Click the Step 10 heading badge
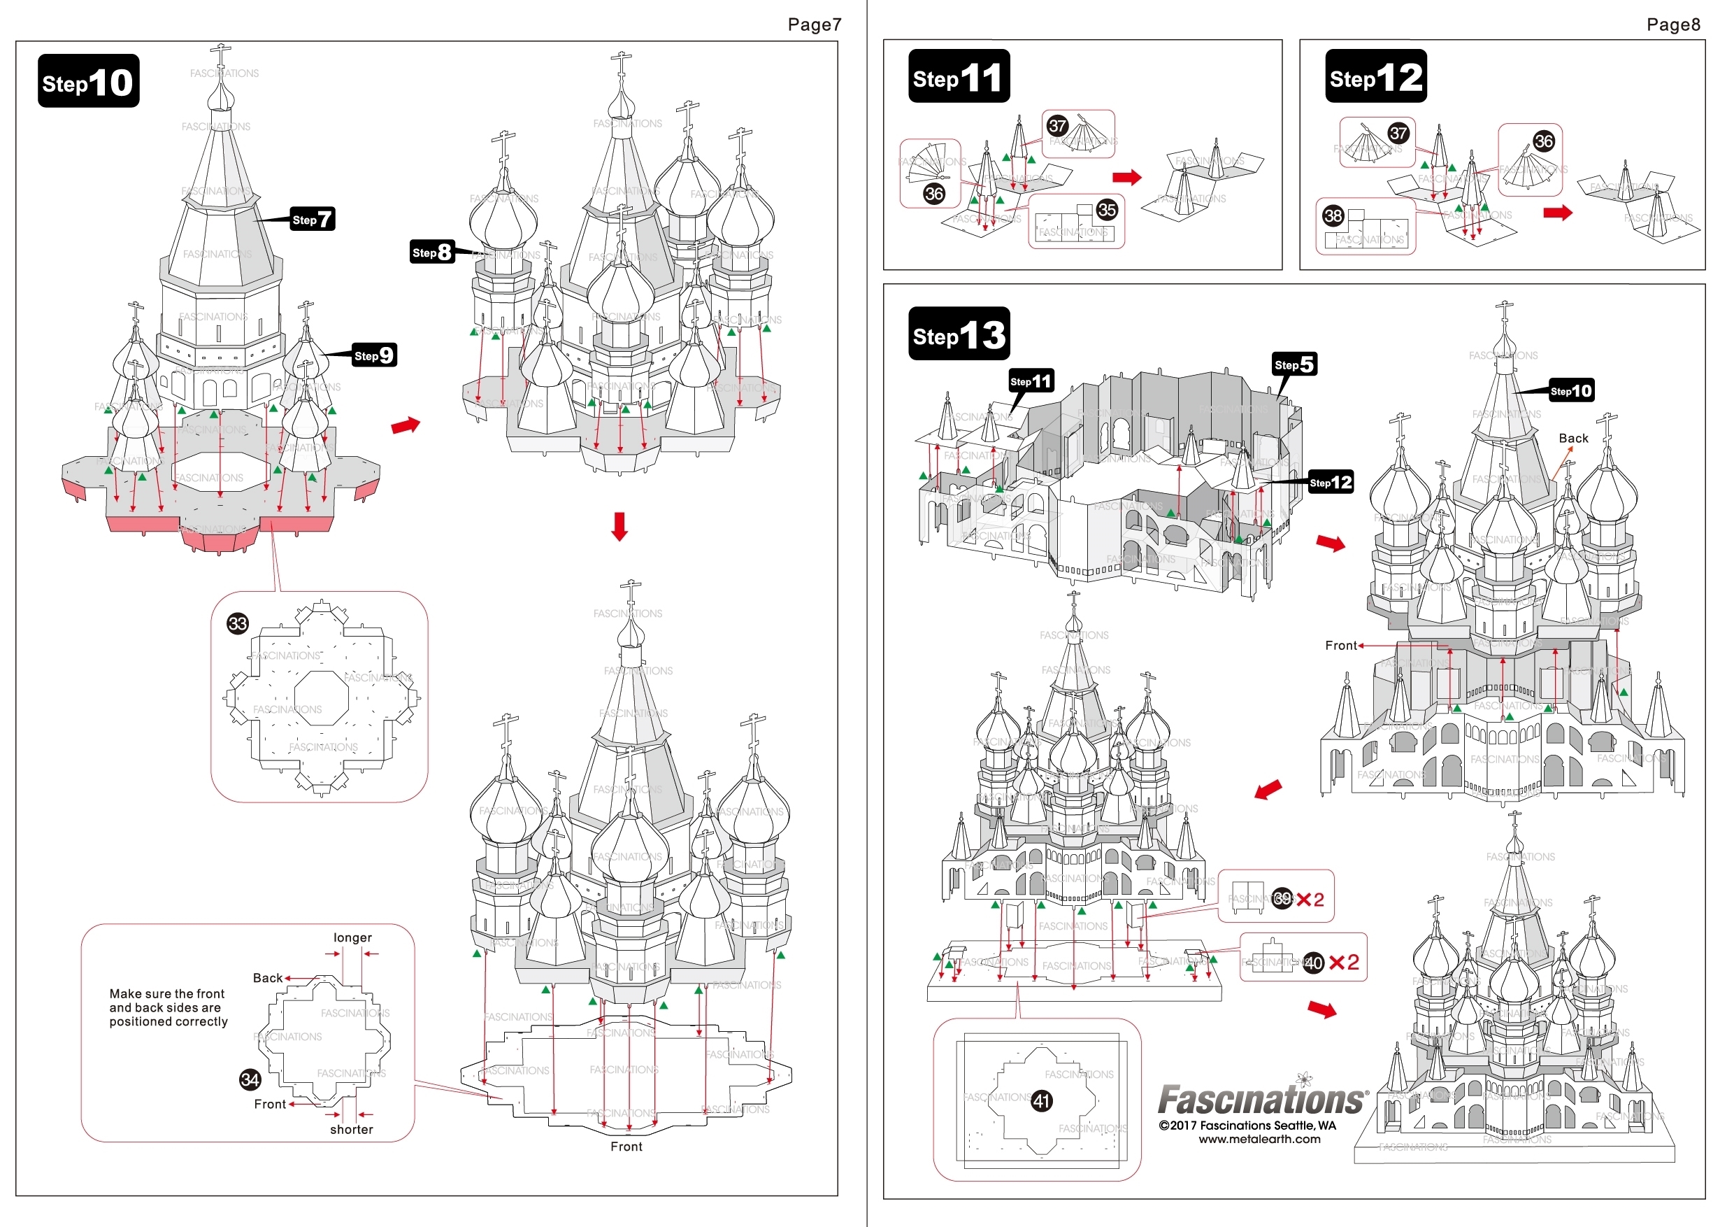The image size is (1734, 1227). (x=88, y=81)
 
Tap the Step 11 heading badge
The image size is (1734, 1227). (x=959, y=76)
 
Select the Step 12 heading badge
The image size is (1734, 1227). (x=1375, y=76)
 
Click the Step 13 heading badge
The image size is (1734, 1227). (x=959, y=334)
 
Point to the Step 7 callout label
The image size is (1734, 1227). (x=312, y=219)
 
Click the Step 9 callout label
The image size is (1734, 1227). (x=375, y=355)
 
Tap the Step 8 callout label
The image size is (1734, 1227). (x=432, y=253)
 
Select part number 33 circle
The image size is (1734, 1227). (x=238, y=623)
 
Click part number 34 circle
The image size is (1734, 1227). (x=250, y=1079)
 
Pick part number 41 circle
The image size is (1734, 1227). (x=1042, y=1101)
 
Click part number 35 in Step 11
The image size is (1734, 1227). (x=1107, y=209)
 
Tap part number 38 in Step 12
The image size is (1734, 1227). (x=1333, y=215)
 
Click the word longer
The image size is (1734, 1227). (x=352, y=937)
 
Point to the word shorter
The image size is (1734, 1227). (x=351, y=1130)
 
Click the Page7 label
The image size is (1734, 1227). (x=814, y=24)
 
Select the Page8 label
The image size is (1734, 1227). (x=1673, y=24)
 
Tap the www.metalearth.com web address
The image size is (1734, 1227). (x=1259, y=1140)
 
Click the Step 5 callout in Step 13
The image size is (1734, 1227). (x=1294, y=364)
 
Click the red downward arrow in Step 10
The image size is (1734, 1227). (x=619, y=527)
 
